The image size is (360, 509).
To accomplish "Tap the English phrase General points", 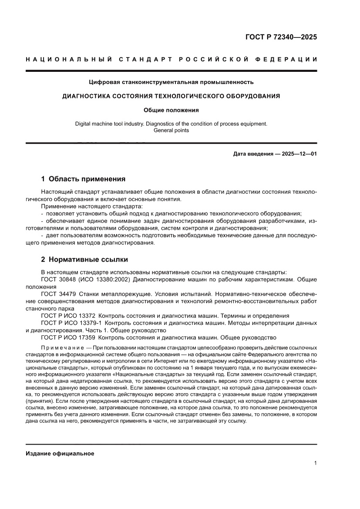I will (171, 130).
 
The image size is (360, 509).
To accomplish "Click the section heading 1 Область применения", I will (83, 179).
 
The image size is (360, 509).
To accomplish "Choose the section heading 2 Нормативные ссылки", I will (84, 260).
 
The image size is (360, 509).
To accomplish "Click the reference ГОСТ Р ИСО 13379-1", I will (71, 323).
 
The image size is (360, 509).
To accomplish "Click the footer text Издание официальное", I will (60, 453).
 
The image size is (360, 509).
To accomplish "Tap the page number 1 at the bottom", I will (315, 463).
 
